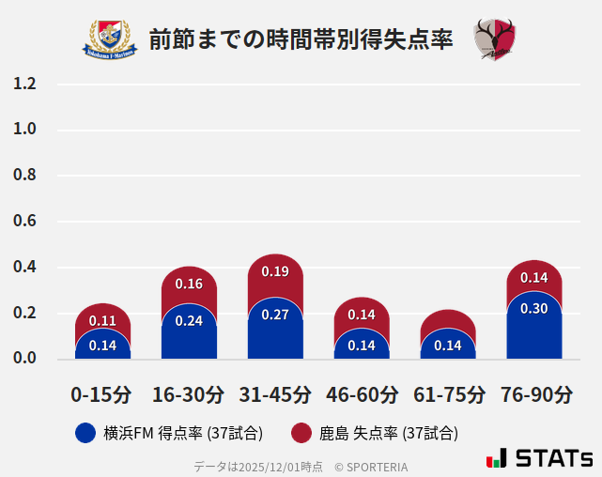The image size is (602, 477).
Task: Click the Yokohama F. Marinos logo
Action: [x=111, y=38]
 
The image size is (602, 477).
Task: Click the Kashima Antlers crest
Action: [x=495, y=39]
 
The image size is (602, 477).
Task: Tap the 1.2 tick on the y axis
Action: [x=24, y=84]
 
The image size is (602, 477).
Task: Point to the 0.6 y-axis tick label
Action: [x=24, y=222]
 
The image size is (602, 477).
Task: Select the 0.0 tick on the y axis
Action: [x=24, y=359]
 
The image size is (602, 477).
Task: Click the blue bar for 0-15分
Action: [x=102, y=344]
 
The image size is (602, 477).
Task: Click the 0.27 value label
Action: [x=275, y=315]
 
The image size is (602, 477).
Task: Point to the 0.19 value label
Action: [x=275, y=271]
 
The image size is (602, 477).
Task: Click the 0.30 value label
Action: [x=533, y=308]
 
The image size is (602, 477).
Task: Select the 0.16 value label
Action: [x=189, y=284]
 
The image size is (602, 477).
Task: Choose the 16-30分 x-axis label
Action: [x=189, y=394]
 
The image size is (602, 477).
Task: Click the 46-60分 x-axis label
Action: [x=362, y=394]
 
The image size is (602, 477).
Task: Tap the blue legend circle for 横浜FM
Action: [x=85, y=433]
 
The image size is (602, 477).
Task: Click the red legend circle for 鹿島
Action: [x=301, y=433]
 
